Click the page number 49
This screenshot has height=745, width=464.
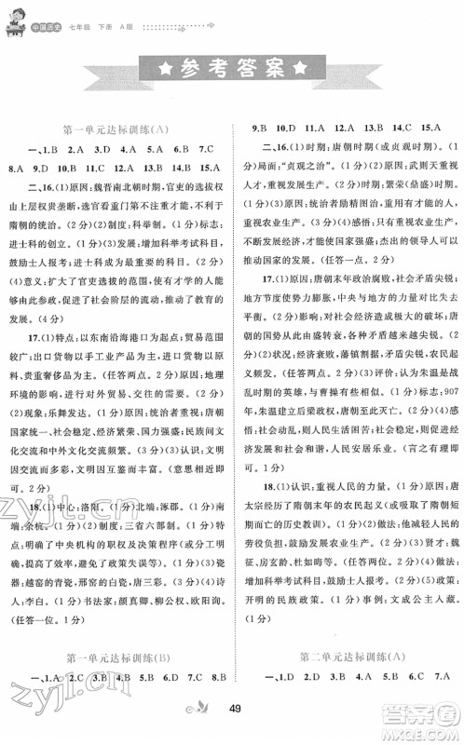[x=231, y=727]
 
